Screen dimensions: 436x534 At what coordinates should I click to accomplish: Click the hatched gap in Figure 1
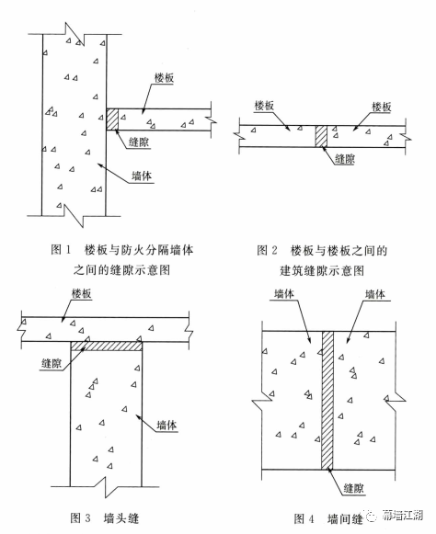pos(112,119)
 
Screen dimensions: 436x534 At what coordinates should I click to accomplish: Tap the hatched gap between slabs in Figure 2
pos(321,136)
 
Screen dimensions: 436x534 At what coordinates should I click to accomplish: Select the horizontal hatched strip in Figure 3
pos(107,346)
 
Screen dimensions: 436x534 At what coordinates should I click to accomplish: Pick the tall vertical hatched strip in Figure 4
pos(327,400)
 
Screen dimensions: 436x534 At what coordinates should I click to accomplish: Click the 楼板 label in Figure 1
pos(165,78)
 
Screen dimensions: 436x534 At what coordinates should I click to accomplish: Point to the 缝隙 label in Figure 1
pos(139,142)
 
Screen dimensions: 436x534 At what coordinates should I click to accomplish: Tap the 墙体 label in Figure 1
pos(142,176)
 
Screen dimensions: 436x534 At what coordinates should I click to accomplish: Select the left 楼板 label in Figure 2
pos(265,106)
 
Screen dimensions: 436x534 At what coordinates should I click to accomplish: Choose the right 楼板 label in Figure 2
pos(382,107)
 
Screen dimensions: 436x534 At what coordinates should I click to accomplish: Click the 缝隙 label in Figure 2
pos(345,159)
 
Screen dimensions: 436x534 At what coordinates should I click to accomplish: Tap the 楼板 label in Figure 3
pos(82,293)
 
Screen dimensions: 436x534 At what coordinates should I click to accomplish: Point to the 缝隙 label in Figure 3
pos(52,363)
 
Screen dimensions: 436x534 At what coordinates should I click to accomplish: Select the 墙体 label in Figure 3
pos(166,425)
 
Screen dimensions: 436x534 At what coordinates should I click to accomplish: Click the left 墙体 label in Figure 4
pos(284,293)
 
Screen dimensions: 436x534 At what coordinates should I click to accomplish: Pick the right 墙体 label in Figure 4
pos(375,294)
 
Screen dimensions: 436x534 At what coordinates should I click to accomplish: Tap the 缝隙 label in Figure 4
pos(354,488)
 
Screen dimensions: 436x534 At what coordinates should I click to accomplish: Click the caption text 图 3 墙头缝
pos(104,518)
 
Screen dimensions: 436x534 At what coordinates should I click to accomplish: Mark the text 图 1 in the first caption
pos(61,250)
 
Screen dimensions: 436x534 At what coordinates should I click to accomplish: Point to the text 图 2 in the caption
pos(267,250)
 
